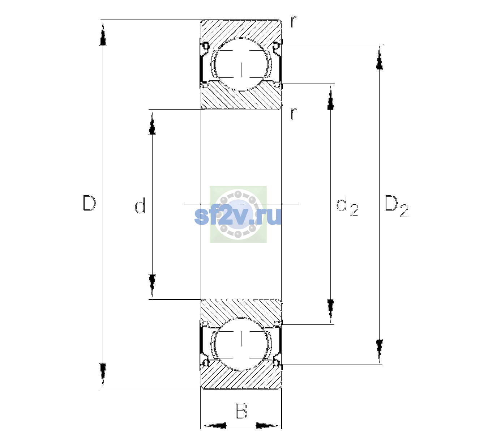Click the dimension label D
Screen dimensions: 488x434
click(89, 203)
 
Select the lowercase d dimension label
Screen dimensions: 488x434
click(140, 205)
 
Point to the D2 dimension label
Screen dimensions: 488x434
click(396, 206)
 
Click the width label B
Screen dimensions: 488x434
click(241, 410)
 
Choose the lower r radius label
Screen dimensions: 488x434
click(294, 114)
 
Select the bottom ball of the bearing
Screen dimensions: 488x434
click(241, 344)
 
